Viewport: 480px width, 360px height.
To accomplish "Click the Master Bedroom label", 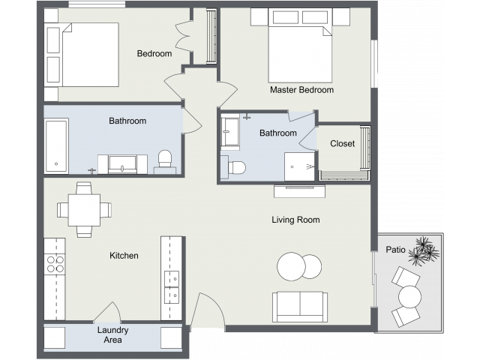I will (x=301, y=90).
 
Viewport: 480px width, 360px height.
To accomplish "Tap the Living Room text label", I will (x=295, y=220).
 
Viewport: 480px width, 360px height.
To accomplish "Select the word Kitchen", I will (x=124, y=256).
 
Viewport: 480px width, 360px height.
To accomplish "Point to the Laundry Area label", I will (x=112, y=335).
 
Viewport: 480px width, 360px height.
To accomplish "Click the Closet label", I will (x=342, y=144).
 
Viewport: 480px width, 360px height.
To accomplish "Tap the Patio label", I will (x=396, y=249).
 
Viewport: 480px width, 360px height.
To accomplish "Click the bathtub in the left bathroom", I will (x=56, y=145).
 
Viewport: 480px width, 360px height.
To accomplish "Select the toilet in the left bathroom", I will (x=164, y=160).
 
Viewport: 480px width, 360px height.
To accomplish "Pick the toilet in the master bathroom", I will (x=235, y=167).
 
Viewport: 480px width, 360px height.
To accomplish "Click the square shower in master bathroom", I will (x=299, y=166).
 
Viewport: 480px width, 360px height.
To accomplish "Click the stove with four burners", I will (x=55, y=264).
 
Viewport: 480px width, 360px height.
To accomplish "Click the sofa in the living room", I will (x=299, y=305).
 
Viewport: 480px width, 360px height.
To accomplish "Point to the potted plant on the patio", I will (x=424, y=250).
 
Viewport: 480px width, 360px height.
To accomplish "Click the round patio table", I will (x=409, y=298).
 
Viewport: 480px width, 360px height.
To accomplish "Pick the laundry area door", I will (x=107, y=313).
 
